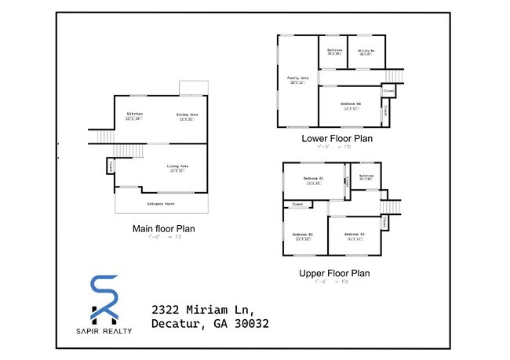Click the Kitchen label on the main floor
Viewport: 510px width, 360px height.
[135, 114]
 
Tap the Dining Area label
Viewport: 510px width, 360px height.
[187, 115]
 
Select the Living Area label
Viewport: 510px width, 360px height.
[177, 166]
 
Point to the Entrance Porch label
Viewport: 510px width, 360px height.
[161, 204]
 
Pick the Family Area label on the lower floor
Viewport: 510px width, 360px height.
[297, 78]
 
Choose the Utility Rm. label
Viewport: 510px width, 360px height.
[366, 50]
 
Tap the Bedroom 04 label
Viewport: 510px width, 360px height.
[351, 104]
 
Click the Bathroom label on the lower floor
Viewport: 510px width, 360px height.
[334, 50]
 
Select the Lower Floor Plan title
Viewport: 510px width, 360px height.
[337, 138]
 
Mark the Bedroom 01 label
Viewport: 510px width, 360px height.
[313, 179]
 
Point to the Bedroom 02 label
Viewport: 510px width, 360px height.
[303, 235]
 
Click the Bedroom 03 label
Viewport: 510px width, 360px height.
[354, 235]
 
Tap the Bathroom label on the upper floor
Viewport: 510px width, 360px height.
[366, 176]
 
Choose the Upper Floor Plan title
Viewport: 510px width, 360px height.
[335, 273]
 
